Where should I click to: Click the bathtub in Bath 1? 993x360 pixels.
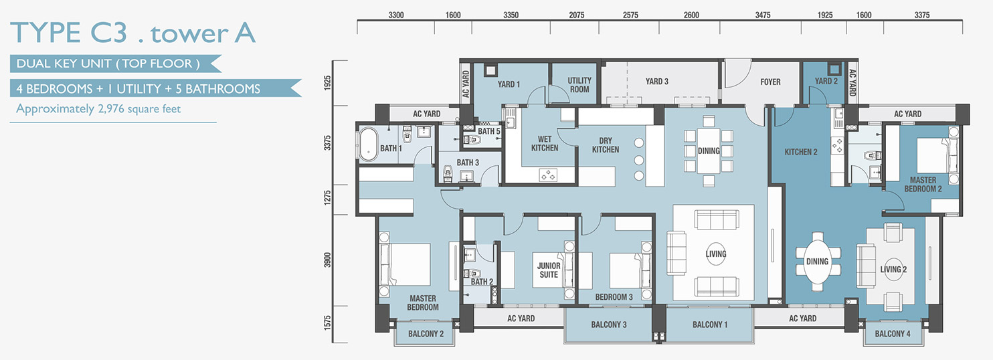367,144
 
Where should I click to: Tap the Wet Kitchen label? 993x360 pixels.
545,144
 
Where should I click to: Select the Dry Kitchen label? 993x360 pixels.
606,145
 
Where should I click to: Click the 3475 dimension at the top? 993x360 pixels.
763,15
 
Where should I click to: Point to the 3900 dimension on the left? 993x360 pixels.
327,260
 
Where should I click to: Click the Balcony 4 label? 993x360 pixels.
893,334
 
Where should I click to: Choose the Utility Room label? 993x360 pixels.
579,85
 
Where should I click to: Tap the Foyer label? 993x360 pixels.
770,82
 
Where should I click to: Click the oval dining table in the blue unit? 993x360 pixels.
817,262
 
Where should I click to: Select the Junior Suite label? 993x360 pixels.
549,270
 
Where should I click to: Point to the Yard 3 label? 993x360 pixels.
657,81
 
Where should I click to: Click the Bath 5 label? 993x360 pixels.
489,131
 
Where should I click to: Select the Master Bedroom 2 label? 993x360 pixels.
923,185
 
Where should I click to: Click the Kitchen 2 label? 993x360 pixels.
800,152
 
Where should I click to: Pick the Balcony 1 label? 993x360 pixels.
710,325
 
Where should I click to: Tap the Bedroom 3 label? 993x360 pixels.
614,297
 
